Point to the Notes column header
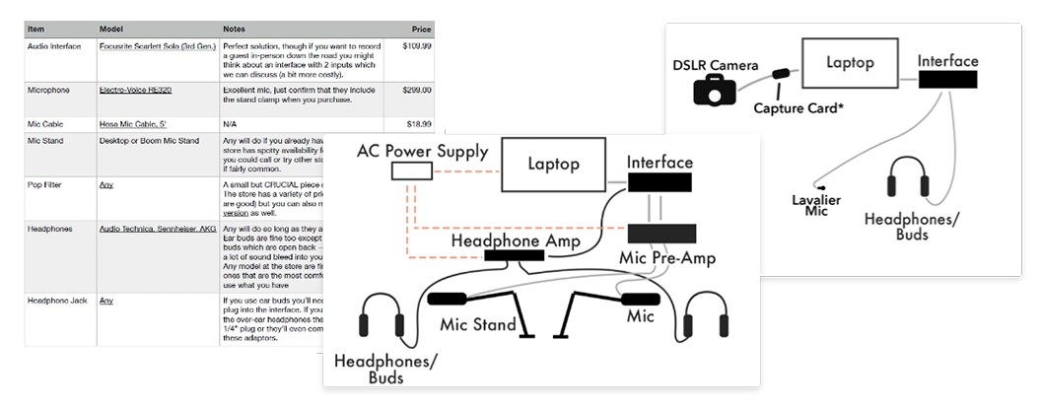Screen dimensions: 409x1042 (235, 30)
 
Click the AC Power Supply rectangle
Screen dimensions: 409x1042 (412, 172)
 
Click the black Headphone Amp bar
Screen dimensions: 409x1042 (514, 255)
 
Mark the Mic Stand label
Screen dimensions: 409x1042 (479, 325)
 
